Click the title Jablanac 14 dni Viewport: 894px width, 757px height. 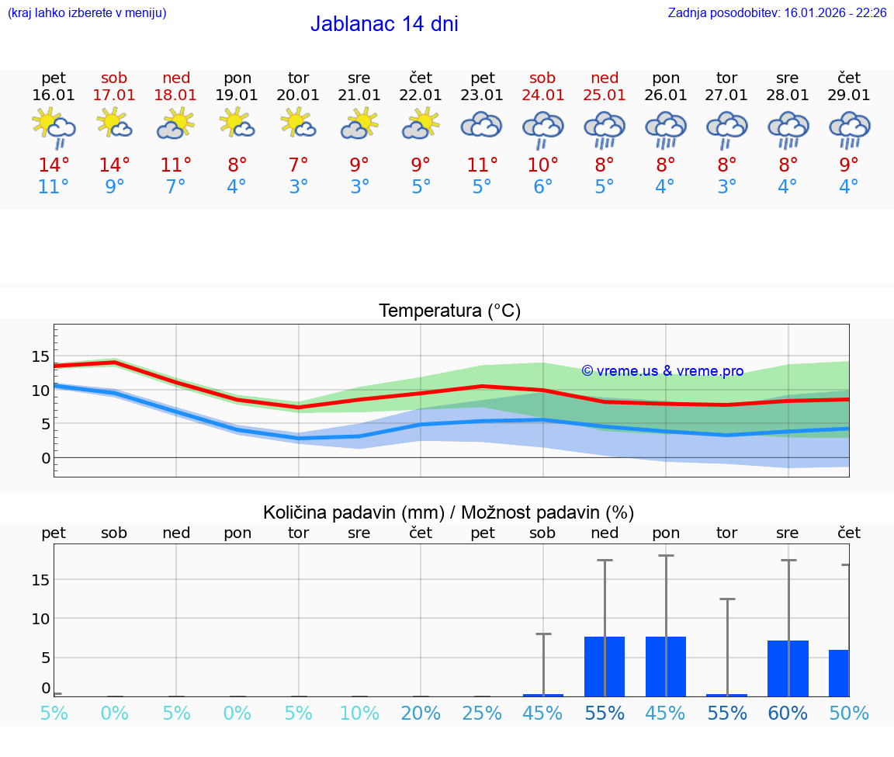pos(384,24)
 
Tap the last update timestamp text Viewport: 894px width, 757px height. pos(777,13)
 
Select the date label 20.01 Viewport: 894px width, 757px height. pos(298,95)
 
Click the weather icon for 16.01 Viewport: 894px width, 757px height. pos(54,127)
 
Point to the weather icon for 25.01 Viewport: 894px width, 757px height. pos(605,129)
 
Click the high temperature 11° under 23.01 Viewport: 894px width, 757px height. pos(482,165)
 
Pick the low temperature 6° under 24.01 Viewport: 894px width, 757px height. pos(542,187)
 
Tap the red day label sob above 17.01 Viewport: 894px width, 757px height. pos(114,78)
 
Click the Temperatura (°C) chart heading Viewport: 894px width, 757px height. pos(449,311)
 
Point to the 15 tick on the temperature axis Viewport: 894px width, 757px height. pos(40,356)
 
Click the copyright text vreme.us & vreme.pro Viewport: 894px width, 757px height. pos(663,371)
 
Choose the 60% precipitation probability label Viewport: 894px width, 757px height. pos(788,714)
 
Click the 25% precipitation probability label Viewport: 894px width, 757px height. pos(482,714)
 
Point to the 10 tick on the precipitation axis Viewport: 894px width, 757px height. pos(40,619)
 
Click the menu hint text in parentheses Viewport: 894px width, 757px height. pos(87,13)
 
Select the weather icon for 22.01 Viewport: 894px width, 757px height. pos(421,124)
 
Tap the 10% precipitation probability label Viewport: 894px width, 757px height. pos(359,714)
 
